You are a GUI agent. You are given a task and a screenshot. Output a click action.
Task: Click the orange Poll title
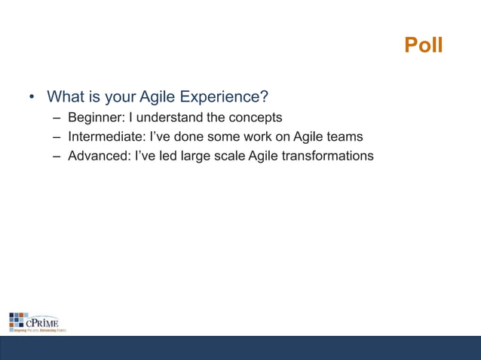click(423, 46)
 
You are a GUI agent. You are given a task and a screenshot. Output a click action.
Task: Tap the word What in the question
click(66, 98)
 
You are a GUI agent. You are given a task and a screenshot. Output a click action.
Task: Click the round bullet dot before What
click(32, 99)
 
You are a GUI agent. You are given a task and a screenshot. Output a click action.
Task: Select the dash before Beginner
click(57, 119)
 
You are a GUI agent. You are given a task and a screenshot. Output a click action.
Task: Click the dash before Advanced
click(57, 157)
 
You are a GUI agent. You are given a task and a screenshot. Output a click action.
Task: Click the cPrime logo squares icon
click(17, 319)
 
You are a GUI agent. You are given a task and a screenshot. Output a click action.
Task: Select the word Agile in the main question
click(152, 98)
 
